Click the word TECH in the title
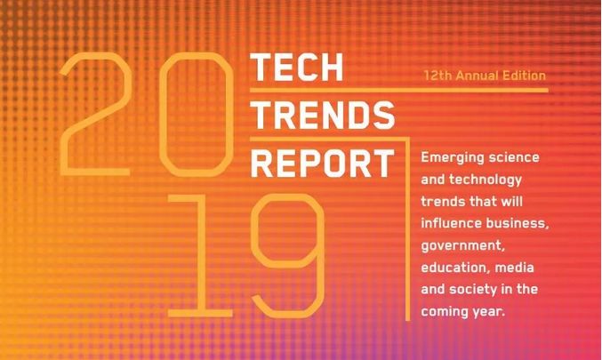tap(297, 68)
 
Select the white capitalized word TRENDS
tap(323, 115)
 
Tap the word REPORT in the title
tap(323, 163)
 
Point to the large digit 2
tap(96, 114)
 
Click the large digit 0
tap(196, 114)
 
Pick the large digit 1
tap(200, 255)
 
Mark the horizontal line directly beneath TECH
tap(399, 90)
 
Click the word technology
tap(486, 180)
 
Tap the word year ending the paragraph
tap(486, 312)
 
